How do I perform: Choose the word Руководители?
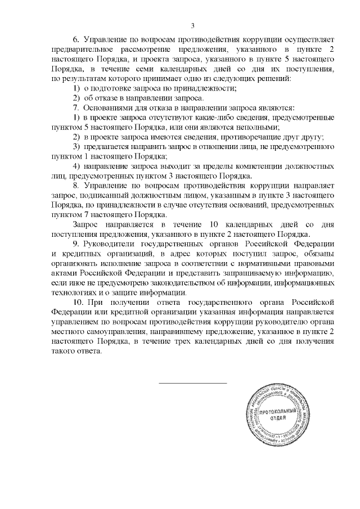pos(109,244)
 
